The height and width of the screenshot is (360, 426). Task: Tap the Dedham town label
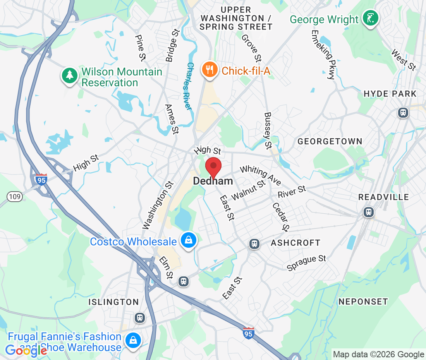[x=213, y=181]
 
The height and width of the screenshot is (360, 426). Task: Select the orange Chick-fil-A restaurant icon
[x=210, y=70]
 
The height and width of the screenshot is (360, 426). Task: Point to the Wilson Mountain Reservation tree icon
[x=70, y=75]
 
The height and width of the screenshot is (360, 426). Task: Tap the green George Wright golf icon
[x=371, y=18]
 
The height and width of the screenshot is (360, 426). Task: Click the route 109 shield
[x=15, y=197]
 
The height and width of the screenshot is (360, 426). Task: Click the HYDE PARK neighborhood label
[x=390, y=94]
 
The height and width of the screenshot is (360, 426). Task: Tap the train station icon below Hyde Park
[x=403, y=113]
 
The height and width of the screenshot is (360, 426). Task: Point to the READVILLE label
[x=383, y=197]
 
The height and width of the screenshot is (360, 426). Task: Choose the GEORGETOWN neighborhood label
[x=330, y=141]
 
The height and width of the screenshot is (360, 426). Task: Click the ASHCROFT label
[x=295, y=243]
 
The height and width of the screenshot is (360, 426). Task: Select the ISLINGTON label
[x=113, y=302]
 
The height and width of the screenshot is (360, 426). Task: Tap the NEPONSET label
[x=363, y=302]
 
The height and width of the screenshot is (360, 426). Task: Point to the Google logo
[x=26, y=351]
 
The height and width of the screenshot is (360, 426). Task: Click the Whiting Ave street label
[x=260, y=175]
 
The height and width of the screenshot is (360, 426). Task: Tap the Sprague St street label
[x=306, y=263]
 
